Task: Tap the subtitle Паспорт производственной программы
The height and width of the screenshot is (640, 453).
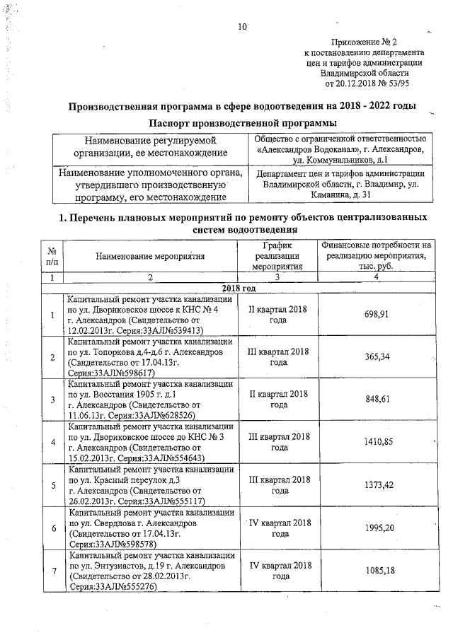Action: click(x=241, y=124)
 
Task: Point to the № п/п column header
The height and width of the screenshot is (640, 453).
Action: click(x=52, y=256)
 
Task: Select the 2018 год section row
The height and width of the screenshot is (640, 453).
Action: click(x=239, y=290)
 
